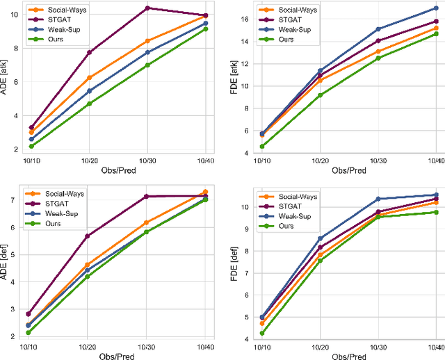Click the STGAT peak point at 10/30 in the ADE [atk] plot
pos(147,8)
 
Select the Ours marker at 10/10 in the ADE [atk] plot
pos(31,146)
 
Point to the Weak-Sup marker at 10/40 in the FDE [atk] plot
pos(436,8)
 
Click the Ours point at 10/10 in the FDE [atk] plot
pos(261,146)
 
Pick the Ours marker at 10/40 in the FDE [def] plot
pos(436,212)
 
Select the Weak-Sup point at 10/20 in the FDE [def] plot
pos(320,238)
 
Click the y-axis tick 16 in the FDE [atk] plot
pos(246,19)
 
